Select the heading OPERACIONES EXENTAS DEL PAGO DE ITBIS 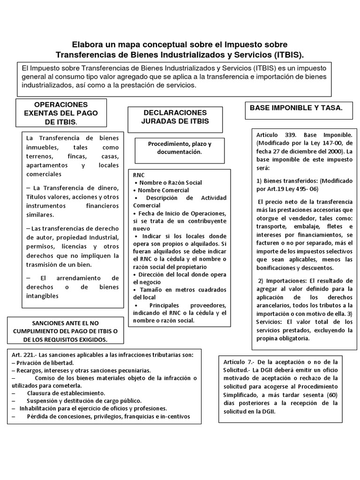click(61, 113)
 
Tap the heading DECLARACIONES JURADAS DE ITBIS click(175, 117)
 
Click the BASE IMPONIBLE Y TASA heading click(296, 108)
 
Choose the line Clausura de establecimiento click(66, 393)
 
